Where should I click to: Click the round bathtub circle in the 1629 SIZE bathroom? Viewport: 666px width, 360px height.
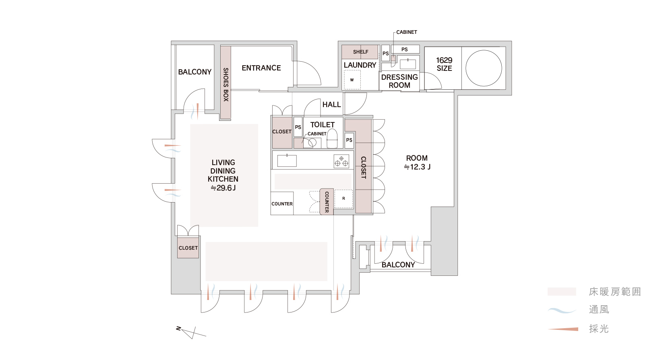point(484,68)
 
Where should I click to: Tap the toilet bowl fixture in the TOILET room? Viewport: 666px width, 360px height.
point(332,139)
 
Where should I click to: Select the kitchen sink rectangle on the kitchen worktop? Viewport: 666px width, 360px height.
point(287,161)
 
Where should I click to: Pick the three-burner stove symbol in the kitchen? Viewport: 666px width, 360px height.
point(341,161)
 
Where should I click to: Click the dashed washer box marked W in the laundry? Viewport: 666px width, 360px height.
point(352,80)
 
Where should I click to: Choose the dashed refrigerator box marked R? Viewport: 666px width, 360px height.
point(344,199)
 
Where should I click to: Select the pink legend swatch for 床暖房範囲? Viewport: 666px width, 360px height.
point(562,291)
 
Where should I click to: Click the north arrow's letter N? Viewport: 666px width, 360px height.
point(178,329)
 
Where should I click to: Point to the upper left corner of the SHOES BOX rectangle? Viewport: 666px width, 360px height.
point(221,46)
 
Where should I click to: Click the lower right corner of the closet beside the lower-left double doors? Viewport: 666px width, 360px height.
point(199,258)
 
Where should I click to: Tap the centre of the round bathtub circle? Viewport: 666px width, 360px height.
point(484,68)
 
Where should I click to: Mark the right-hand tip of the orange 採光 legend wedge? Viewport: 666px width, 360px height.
point(578,329)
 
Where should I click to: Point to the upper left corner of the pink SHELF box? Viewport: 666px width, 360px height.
point(342,45)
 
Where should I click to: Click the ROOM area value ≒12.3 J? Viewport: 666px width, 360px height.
point(417,167)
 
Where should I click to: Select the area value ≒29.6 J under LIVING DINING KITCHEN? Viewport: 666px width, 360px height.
point(223,188)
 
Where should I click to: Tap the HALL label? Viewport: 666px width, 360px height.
point(331,105)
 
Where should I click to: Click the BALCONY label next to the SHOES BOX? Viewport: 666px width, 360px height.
point(195,72)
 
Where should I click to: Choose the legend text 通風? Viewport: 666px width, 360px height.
point(599,310)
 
